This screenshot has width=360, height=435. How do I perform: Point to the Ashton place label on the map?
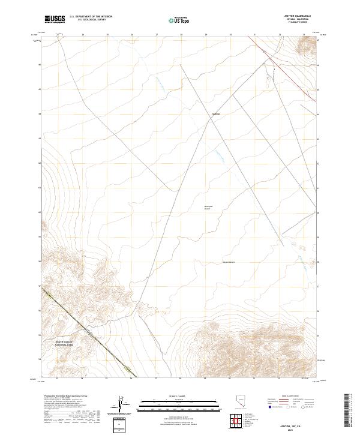point(217,114)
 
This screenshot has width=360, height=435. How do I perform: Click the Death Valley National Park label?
point(59,345)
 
